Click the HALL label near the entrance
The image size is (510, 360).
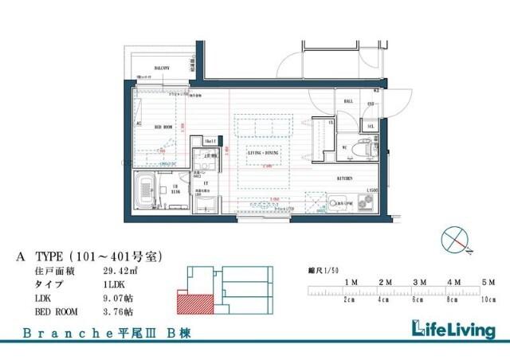tap(349, 102)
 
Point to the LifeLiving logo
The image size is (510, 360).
tap(451, 329)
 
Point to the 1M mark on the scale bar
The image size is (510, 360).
tap(350, 283)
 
